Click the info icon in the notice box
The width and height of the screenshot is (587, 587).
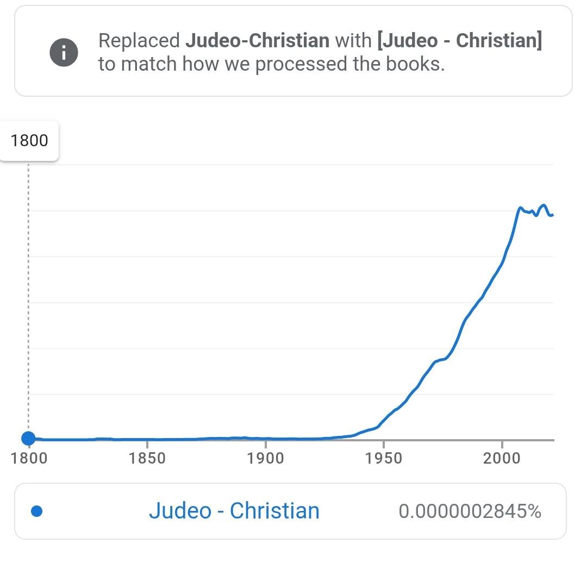point(64,52)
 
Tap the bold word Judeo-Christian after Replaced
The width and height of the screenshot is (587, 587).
point(258,40)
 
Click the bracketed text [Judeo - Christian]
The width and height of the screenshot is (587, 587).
point(460,40)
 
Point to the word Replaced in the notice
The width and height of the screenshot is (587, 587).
point(139,41)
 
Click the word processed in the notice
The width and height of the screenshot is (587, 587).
point(301,64)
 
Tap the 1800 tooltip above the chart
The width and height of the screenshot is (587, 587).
point(29,141)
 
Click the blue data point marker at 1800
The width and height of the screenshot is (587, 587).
point(28,438)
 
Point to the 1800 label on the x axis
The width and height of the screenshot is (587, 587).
point(29,458)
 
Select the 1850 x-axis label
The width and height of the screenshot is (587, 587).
point(147,458)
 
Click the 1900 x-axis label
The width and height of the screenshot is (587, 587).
point(265,458)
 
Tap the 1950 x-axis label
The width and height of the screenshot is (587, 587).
point(383,458)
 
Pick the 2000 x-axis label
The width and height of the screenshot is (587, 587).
point(502,458)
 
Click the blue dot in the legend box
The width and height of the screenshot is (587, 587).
point(37,511)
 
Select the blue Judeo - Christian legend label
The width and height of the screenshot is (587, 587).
point(234,510)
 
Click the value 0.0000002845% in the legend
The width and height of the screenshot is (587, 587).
point(470,511)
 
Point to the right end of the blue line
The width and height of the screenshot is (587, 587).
point(553,215)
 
